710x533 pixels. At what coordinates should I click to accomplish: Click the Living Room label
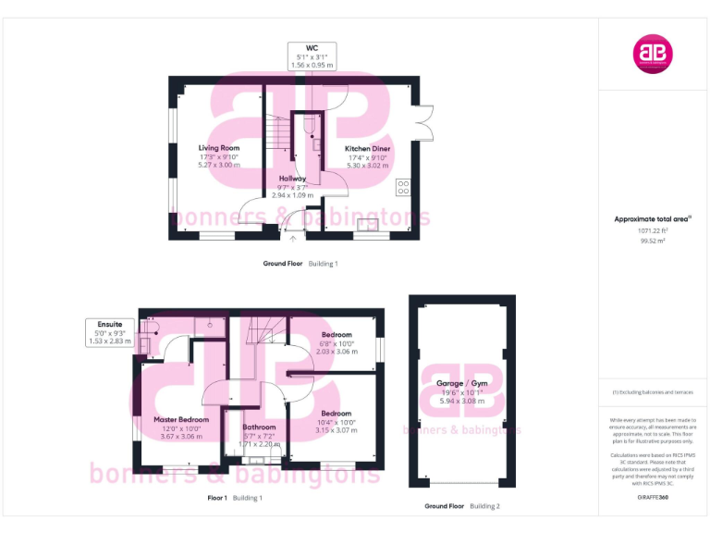[x=219, y=148]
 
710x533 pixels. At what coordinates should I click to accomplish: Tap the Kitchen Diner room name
[x=367, y=148]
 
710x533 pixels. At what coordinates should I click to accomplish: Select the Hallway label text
[x=292, y=178]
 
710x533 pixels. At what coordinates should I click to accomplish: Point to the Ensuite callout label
[x=111, y=324]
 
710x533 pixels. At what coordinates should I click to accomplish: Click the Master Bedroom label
[x=181, y=419]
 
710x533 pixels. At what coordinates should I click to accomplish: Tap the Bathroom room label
[x=259, y=428]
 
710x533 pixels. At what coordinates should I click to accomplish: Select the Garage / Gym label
[x=461, y=383]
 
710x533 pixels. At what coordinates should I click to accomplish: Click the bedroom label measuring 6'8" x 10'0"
[x=337, y=334]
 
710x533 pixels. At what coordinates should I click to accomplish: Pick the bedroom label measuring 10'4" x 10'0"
[x=336, y=413]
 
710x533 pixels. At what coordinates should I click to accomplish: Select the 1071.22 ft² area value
[x=654, y=230]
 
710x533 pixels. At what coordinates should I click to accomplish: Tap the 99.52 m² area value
[x=654, y=241]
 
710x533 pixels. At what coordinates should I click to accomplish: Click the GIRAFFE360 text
[x=654, y=498]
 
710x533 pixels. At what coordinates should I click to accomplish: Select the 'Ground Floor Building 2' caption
[x=461, y=506]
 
